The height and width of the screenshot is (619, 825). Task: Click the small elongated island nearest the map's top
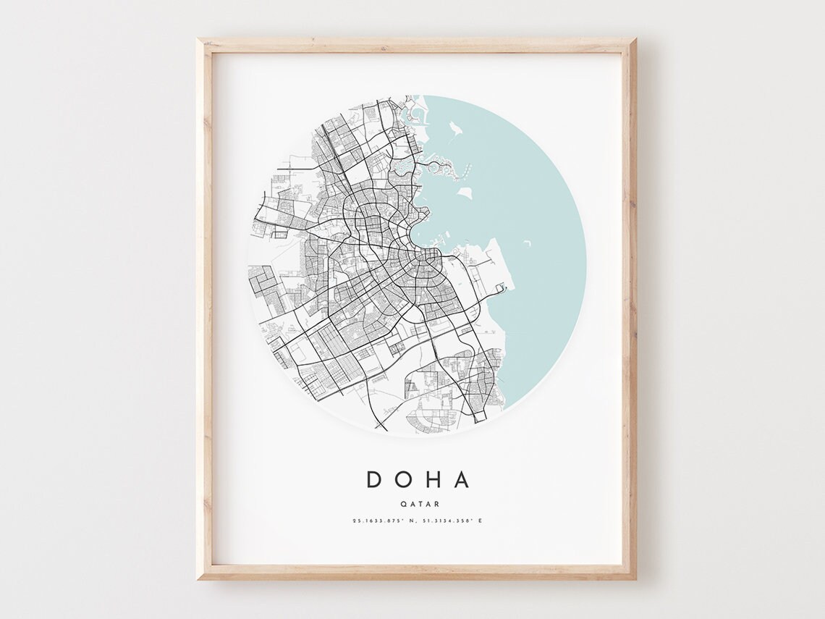tap(455, 129)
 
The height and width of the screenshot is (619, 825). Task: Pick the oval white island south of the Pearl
tap(464, 193)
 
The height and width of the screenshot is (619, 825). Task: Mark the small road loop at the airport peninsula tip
tap(500, 289)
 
